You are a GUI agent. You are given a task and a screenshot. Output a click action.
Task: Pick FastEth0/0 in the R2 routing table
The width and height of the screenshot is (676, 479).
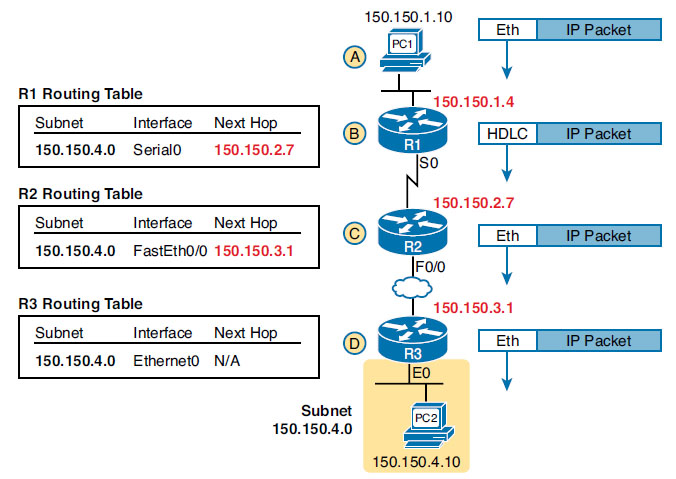(170, 250)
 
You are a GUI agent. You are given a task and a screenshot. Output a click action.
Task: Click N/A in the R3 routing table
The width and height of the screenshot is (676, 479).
(228, 359)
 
